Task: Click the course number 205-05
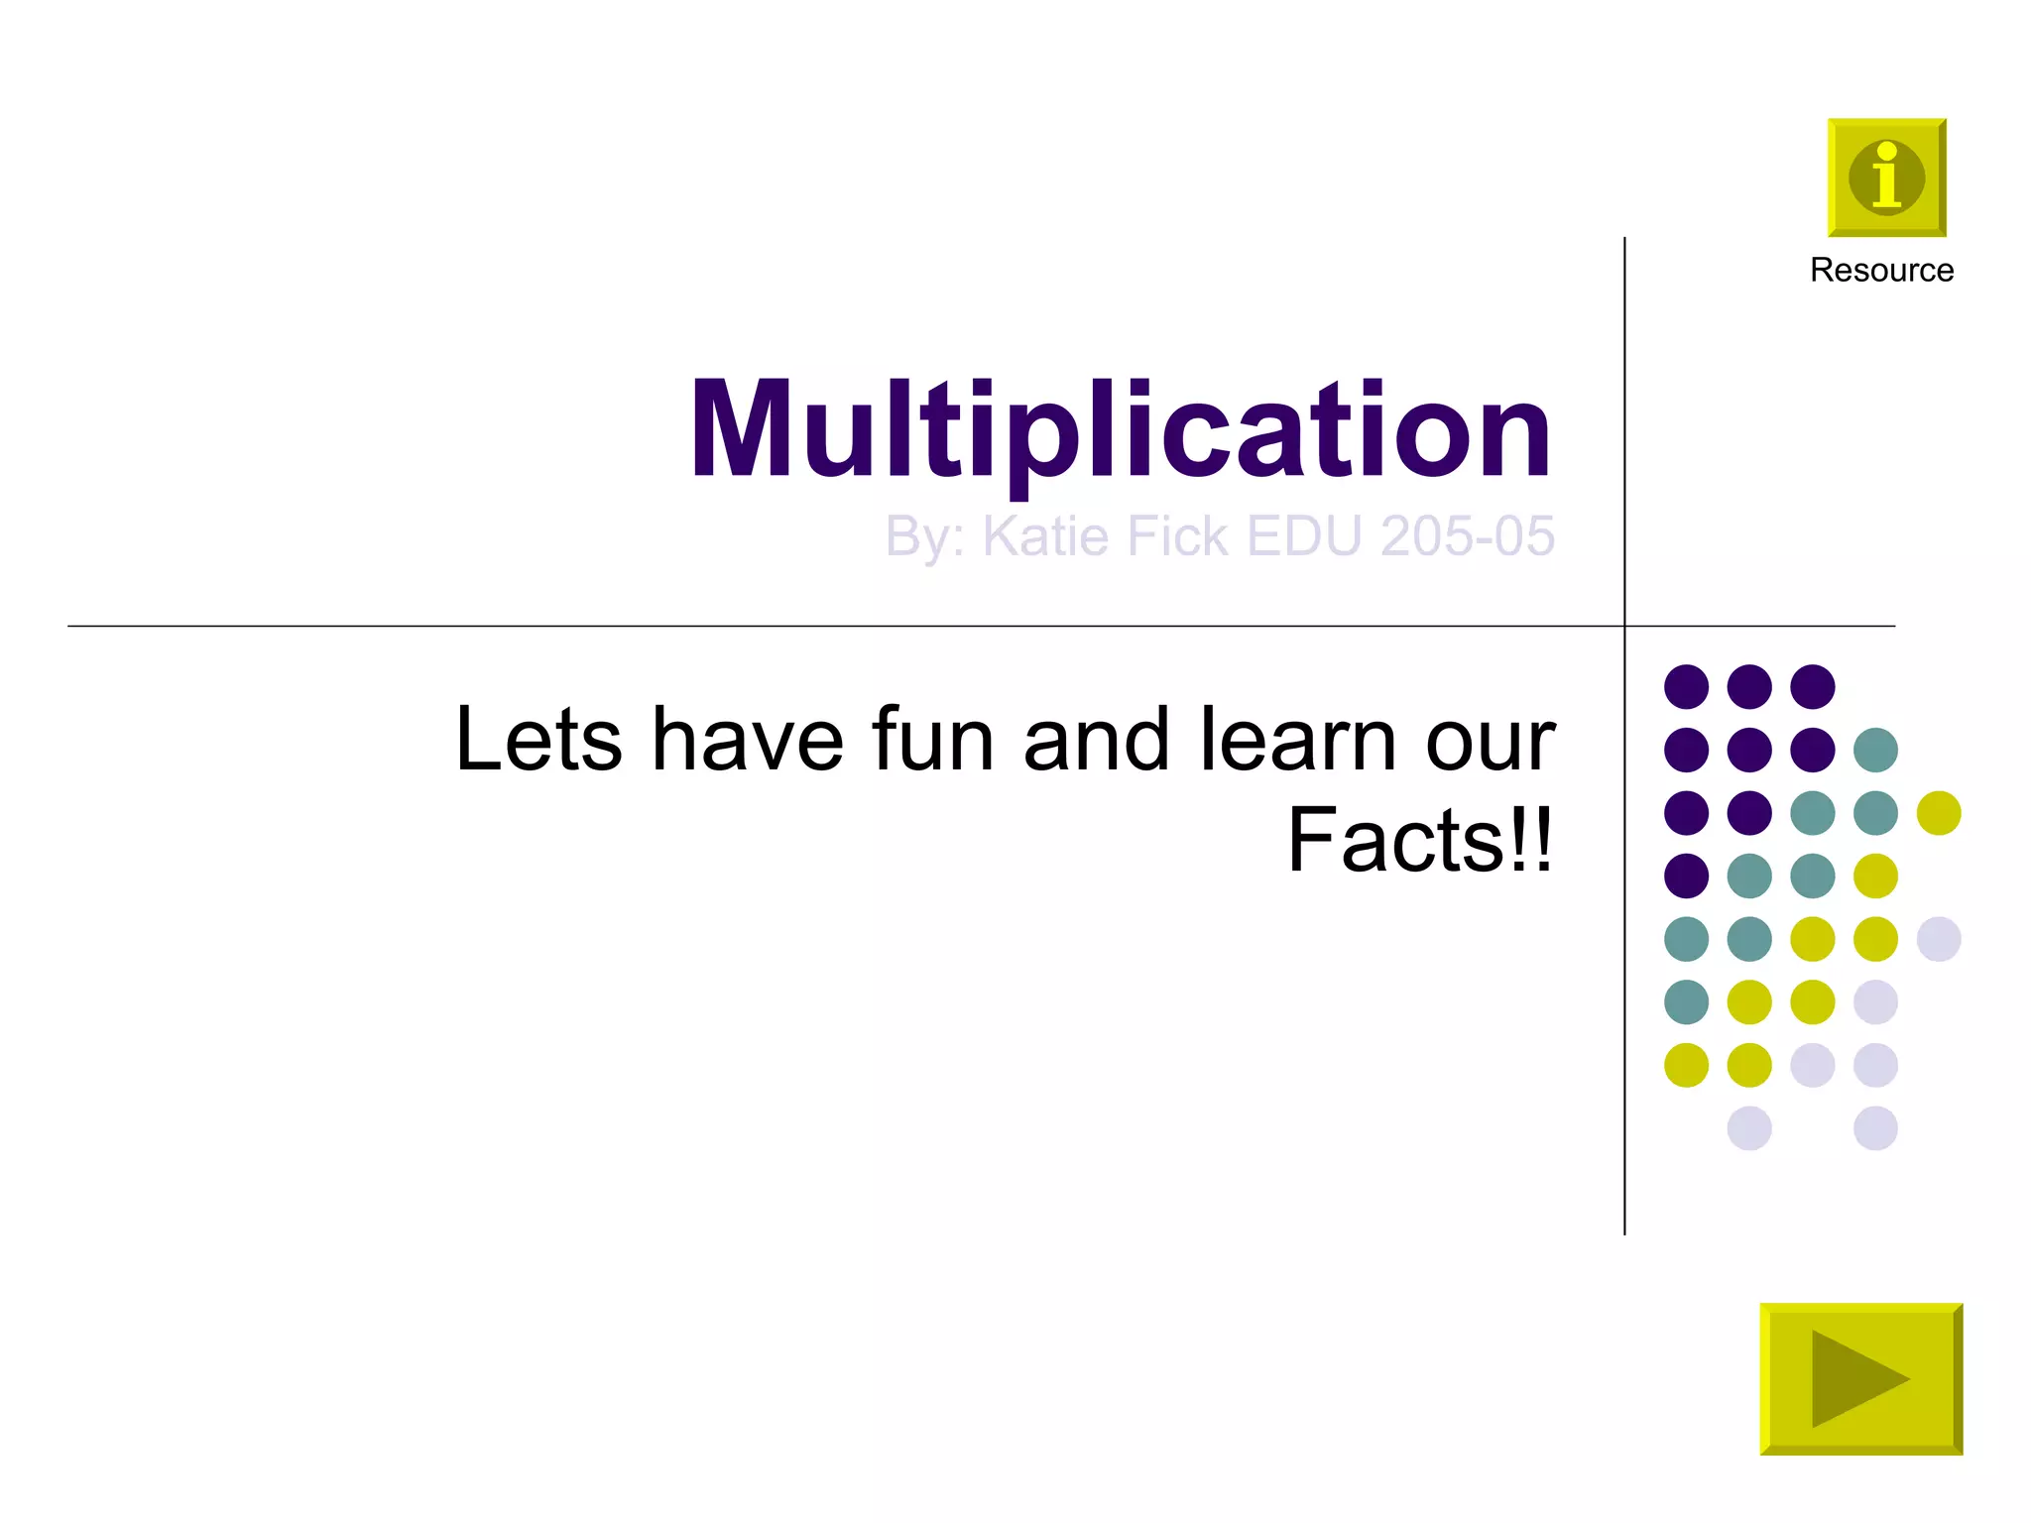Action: (x=1467, y=536)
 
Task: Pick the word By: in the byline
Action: (x=924, y=538)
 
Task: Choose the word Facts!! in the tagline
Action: (x=1420, y=841)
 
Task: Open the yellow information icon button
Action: (x=1886, y=178)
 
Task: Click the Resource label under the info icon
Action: (x=1881, y=270)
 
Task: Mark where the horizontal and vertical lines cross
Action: (x=1624, y=627)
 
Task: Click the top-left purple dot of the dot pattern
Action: (x=1686, y=686)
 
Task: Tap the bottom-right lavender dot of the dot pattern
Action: (x=1875, y=1128)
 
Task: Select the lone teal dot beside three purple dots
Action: (x=1875, y=750)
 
